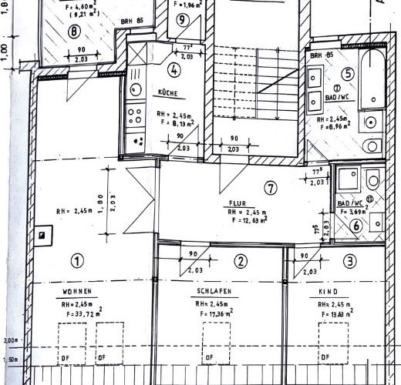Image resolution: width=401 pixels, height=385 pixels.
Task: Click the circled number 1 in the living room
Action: click(x=76, y=260)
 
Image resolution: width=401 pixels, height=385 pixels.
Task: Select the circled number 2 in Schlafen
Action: click(x=241, y=262)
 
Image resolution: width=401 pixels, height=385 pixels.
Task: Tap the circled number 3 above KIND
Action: click(x=351, y=262)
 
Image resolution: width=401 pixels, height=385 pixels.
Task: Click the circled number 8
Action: click(x=74, y=32)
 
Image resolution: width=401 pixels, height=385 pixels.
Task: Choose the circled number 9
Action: click(x=181, y=19)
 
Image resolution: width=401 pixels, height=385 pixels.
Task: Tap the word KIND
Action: click(x=329, y=293)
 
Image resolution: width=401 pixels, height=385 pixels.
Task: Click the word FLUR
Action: click(x=236, y=204)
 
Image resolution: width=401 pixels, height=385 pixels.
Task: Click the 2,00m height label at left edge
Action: click(x=10, y=340)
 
